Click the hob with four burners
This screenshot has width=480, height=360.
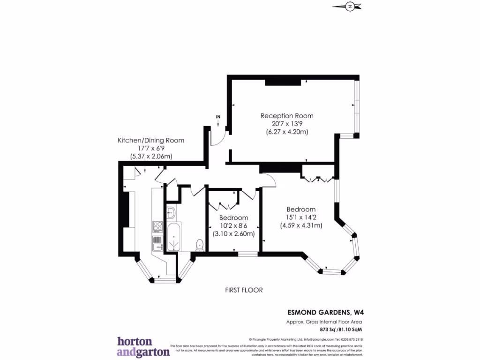157,227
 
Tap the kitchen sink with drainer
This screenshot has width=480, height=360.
157,242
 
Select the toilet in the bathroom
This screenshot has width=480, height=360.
200,245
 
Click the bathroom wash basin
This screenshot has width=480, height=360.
171,212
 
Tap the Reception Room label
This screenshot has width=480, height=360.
287,116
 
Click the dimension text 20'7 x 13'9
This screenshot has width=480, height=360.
287,124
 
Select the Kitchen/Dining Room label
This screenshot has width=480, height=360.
150,140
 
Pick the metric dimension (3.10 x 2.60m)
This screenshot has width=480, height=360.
233,233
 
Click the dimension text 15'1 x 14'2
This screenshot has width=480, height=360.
301,217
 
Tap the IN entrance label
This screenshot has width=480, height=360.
218,116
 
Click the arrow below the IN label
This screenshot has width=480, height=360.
219,123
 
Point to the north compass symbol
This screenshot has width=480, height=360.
350,6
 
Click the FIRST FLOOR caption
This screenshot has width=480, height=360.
244,290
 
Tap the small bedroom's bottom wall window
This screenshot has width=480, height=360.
247,254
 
